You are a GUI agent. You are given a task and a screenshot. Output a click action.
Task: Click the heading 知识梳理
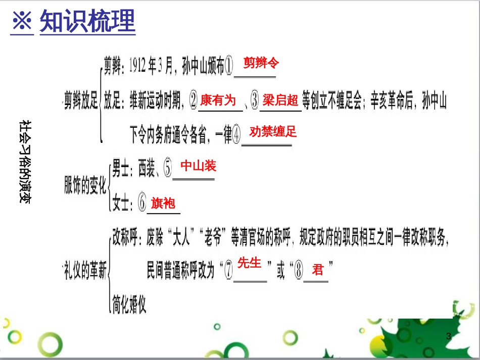(87, 22)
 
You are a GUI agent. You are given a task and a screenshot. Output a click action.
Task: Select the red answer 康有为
(218, 100)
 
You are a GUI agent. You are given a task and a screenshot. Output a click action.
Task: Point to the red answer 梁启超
(280, 100)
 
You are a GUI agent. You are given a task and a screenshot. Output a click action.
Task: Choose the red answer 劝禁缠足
(273, 132)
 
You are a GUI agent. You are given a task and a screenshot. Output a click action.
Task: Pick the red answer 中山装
(198, 165)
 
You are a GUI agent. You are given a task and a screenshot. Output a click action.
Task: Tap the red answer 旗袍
(163, 203)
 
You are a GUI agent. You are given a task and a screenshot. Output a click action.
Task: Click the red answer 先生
(249, 263)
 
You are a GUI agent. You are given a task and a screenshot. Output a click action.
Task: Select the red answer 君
(317, 270)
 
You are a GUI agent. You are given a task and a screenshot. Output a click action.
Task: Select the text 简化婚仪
(129, 304)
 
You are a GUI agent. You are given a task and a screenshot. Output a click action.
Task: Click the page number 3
(448, 336)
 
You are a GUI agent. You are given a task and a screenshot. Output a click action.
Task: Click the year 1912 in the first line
(138, 66)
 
